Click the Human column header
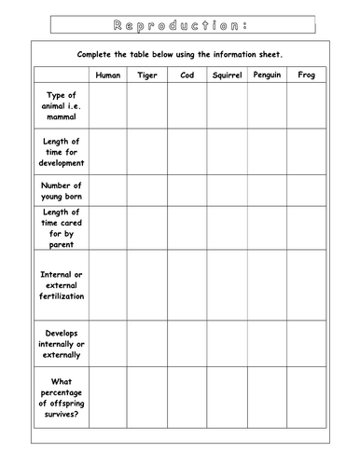click(108, 75)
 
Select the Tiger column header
click(147, 75)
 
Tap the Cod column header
click(187, 75)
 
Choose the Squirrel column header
click(227, 75)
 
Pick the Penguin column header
click(267, 75)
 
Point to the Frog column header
click(306, 75)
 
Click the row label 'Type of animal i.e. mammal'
click(62, 105)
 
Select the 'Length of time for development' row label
click(62, 152)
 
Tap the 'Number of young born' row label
click(62, 191)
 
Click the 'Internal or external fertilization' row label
click(62, 285)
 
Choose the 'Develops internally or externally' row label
click(62, 343)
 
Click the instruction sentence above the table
click(180, 54)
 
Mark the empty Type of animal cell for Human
click(108, 105)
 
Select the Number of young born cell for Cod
click(187, 191)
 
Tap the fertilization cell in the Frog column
click(306, 285)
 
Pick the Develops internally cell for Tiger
click(147, 343)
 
